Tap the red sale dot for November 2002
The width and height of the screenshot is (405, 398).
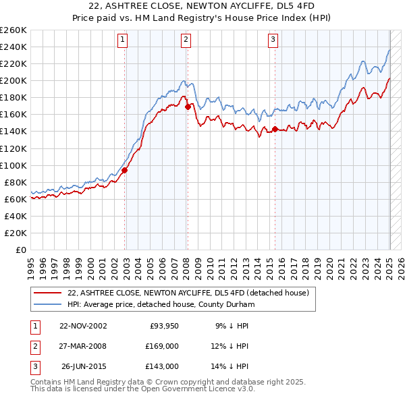tap(125, 170)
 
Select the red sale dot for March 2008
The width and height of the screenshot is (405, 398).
tap(188, 107)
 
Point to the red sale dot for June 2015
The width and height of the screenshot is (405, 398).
tap(275, 129)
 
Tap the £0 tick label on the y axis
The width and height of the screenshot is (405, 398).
tap(20, 250)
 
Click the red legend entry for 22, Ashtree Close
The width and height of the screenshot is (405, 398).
tap(188, 293)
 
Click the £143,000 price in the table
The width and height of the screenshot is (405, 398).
tap(163, 366)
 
